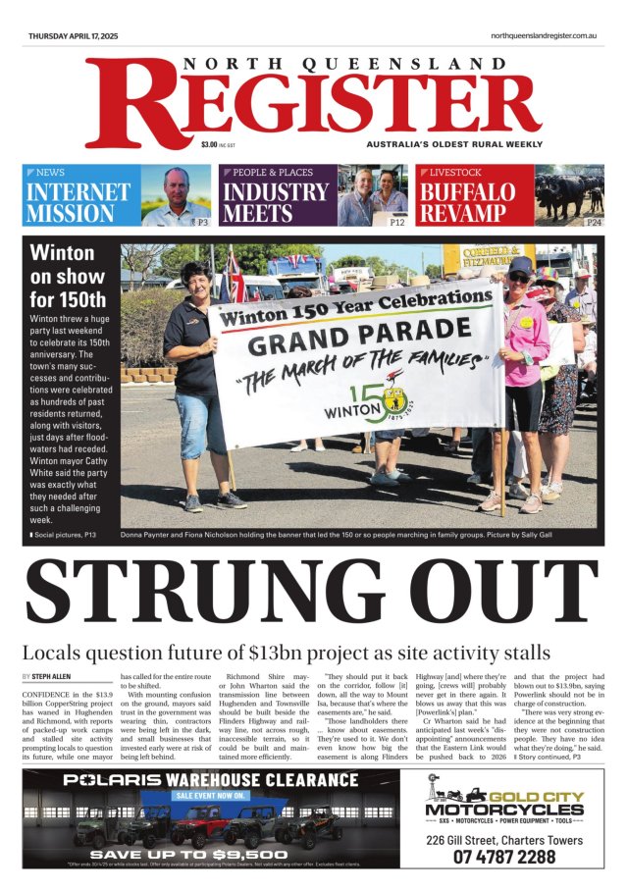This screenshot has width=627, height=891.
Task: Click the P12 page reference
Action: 397,223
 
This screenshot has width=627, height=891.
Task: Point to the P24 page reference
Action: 594,223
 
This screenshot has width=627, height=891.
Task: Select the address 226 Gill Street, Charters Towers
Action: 506,839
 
